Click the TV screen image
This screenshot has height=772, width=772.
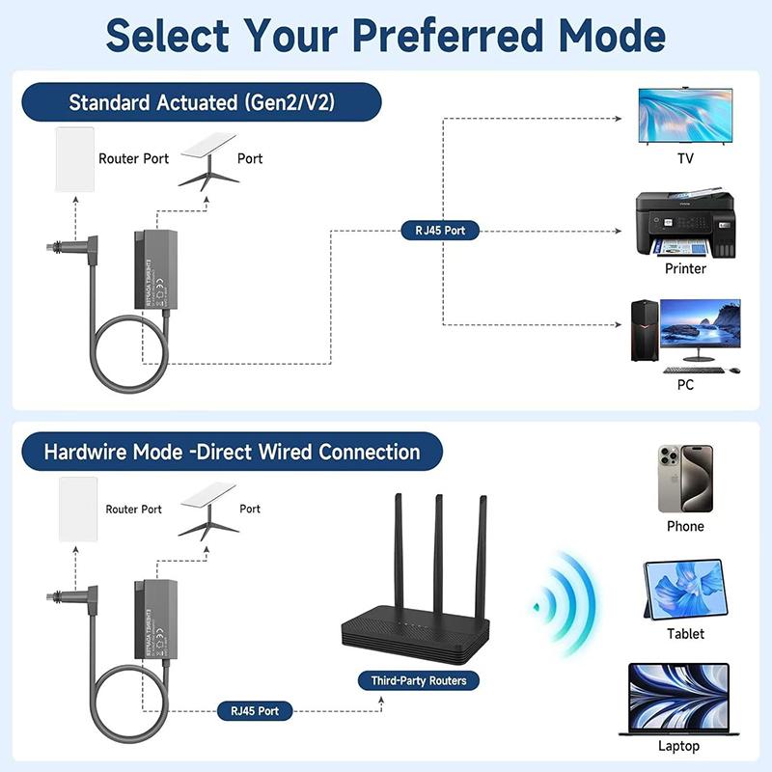685,117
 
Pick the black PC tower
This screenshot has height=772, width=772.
644,331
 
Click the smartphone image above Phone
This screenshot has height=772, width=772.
684,479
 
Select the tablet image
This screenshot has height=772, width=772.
684,590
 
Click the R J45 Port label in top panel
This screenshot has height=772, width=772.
440,231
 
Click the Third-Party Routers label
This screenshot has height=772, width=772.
419,680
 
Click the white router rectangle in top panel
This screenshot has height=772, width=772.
74,159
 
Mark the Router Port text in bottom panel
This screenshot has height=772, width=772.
134,509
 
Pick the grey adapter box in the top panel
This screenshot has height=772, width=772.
153,269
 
